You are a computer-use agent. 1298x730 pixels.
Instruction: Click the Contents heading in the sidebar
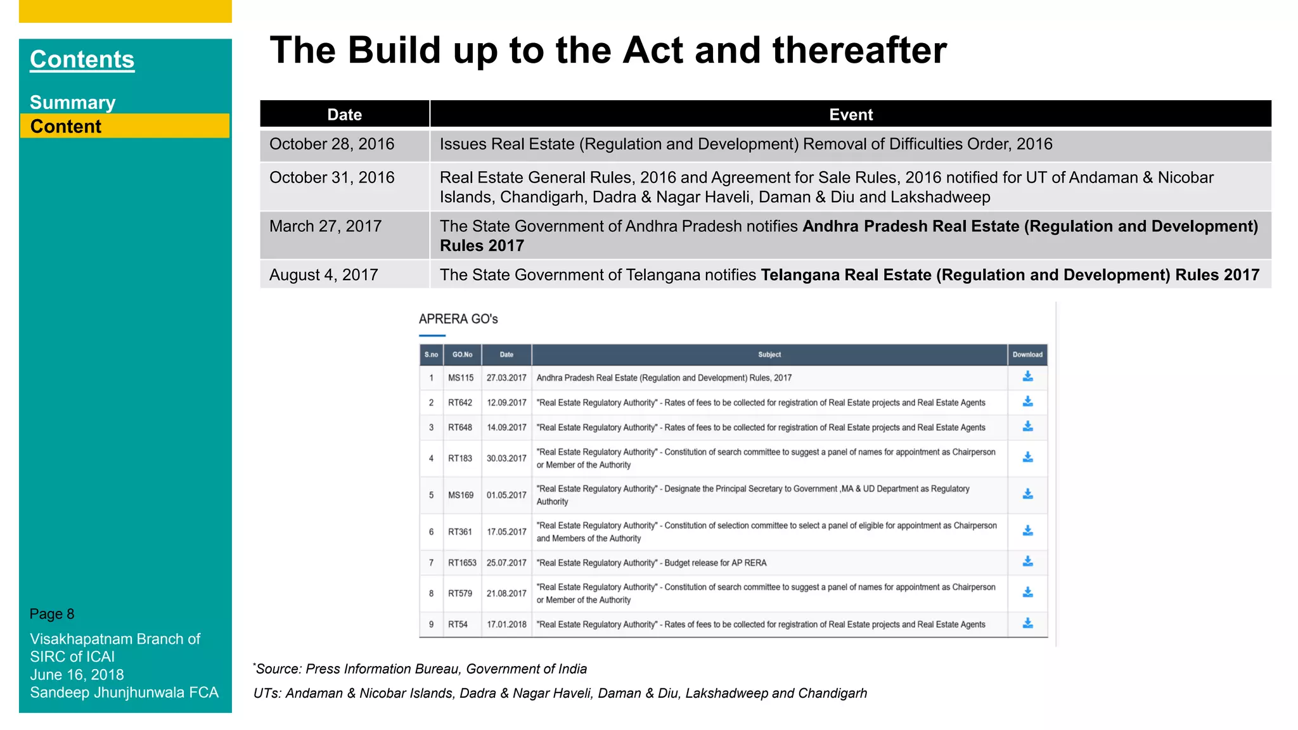click(82, 60)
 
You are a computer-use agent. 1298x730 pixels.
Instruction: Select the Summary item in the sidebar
click(72, 103)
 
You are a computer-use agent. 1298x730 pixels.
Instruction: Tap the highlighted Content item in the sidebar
click(66, 126)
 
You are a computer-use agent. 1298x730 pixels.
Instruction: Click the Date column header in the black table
click(344, 115)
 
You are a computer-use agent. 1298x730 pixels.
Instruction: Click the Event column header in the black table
click(851, 115)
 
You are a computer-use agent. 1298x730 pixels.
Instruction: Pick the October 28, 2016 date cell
click(331, 144)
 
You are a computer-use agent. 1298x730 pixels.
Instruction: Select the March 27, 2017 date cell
click(325, 226)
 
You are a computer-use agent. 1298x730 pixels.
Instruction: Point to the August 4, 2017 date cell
click(323, 275)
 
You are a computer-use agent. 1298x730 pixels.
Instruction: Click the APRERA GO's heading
click(458, 319)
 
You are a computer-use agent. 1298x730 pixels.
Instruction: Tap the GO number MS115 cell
click(461, 378)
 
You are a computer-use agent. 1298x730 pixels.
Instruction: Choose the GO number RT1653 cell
click(462, 563)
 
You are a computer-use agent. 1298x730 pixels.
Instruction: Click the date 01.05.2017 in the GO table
click(506, 495)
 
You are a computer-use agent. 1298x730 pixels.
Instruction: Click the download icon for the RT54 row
click(1027, 624)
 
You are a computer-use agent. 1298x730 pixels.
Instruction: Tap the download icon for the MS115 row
click(1027, 377)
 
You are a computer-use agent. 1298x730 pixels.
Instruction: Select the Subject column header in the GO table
click(769, 355)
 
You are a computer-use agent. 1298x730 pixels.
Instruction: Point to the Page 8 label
click(52, 614)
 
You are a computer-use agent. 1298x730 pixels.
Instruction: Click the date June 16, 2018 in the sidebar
click(77, 675)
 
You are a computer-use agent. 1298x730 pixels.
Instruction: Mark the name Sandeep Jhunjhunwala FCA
click(124, 693)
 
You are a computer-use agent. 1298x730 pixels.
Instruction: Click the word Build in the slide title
click(394, 50)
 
